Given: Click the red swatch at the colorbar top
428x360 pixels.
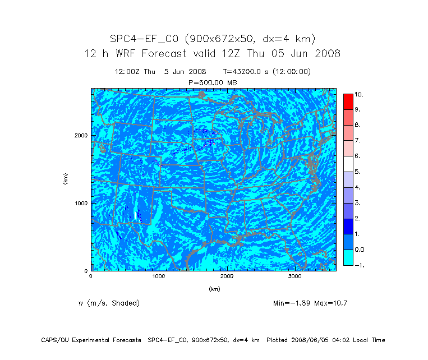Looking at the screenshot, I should pos(348,101).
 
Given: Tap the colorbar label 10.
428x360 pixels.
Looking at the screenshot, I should pos(358,94).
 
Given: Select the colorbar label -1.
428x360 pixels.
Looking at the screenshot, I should pos(358,265).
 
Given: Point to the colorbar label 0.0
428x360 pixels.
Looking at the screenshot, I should pos(359,250).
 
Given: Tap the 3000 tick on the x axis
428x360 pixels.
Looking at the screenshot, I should pos(295,276).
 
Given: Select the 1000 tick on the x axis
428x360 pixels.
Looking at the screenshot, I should pos(159,276).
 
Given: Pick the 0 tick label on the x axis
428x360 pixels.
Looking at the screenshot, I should pos(91,276).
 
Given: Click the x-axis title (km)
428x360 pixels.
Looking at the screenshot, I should pos(214,289).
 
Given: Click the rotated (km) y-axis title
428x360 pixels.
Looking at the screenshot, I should pos(66,179).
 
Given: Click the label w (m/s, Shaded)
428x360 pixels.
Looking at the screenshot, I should pos(109,303).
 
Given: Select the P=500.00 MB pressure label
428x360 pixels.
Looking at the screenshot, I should pos(214,82).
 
